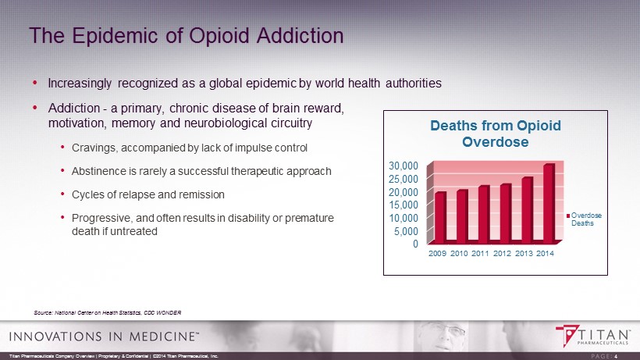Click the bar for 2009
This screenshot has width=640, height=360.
point(440,216)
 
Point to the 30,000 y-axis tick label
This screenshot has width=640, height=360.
point(404,166)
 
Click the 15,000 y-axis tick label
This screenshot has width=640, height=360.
point(404,205)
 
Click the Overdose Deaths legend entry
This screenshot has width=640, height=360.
point(581,219)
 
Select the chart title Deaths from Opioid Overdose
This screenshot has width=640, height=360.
point(496,134)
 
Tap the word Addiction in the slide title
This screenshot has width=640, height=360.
point(297,36)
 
